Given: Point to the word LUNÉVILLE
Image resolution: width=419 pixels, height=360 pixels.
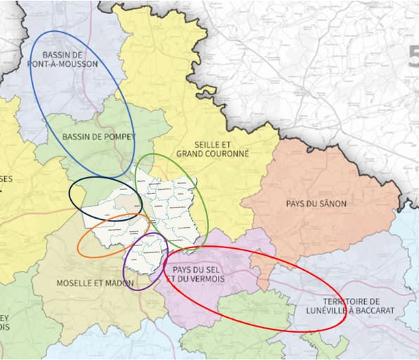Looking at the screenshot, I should coord(330,309).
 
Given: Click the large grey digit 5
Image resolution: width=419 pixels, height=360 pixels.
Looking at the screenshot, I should coord(413,56).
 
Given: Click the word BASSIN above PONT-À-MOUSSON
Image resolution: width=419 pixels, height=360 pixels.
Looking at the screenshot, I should coord(64,53).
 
